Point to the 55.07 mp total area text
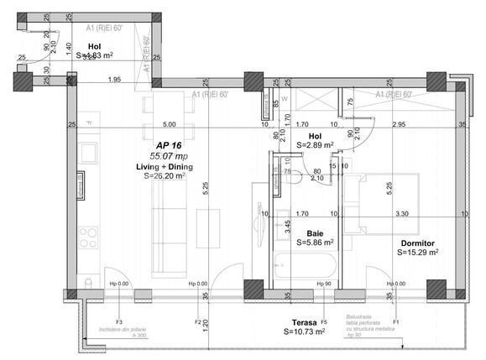[x=169, y=156]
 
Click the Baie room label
[x=315, y=232]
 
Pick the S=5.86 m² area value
[x=315, y=243]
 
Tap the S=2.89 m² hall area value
[x=316, y=145]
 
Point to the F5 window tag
[x=324, y=321]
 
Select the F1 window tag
[x=395, y=321]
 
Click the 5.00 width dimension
[x=169, y=124]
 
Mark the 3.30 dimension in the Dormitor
[x=404, y=214]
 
